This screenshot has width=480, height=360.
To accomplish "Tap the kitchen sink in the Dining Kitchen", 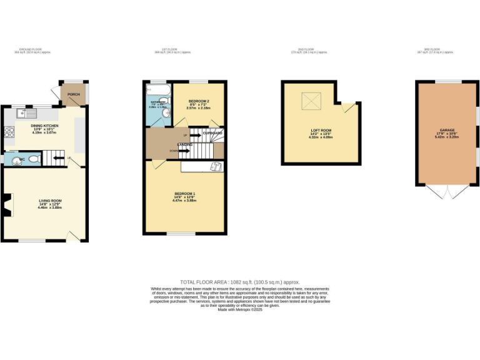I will click(x=27, y=114).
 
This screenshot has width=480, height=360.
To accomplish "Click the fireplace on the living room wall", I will click(x=6, y=205).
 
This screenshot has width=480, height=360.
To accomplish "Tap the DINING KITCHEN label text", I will click(x=46, y=126).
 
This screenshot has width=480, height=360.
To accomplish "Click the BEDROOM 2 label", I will click(x=198, y=101).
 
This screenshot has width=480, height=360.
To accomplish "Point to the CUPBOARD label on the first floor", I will click(x=214, y=133).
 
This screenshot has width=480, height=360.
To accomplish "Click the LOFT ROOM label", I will click(x=321, y=130).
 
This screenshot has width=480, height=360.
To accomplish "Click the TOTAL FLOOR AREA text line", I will click(x=240, y=282).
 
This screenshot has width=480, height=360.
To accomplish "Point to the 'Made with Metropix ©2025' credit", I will click(x=240, y=310).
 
